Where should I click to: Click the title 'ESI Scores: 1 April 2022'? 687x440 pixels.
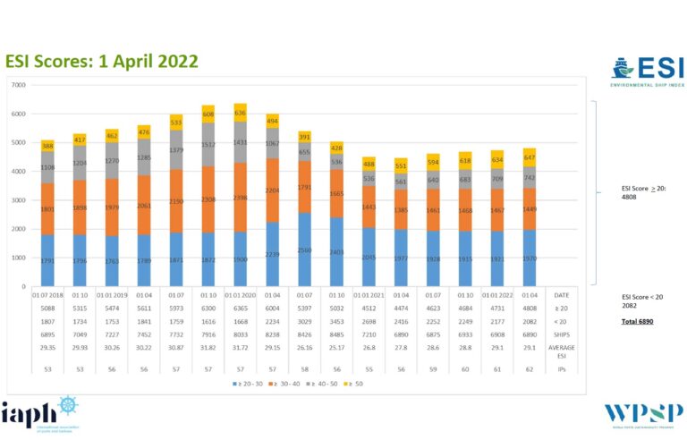tap(102, 61)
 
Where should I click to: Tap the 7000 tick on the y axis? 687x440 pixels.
tap(18, 85)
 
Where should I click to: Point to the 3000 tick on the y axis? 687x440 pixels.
tap(18, 200)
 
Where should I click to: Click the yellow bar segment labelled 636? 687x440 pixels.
tap(240, 113)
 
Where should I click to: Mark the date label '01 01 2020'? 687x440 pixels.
tap(240, 294)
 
